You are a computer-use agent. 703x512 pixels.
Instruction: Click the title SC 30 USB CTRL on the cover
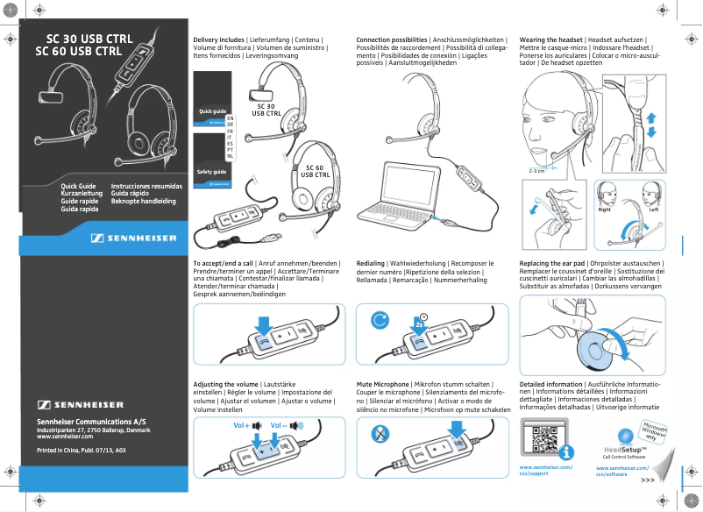point(91,39)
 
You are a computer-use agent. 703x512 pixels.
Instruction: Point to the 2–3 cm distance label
point(536,171)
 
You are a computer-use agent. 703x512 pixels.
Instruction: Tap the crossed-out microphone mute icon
point(380,433)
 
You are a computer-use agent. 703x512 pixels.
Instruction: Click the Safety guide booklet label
point(212,172)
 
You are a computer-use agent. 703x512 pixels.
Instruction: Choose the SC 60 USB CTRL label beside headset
point(315,171)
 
